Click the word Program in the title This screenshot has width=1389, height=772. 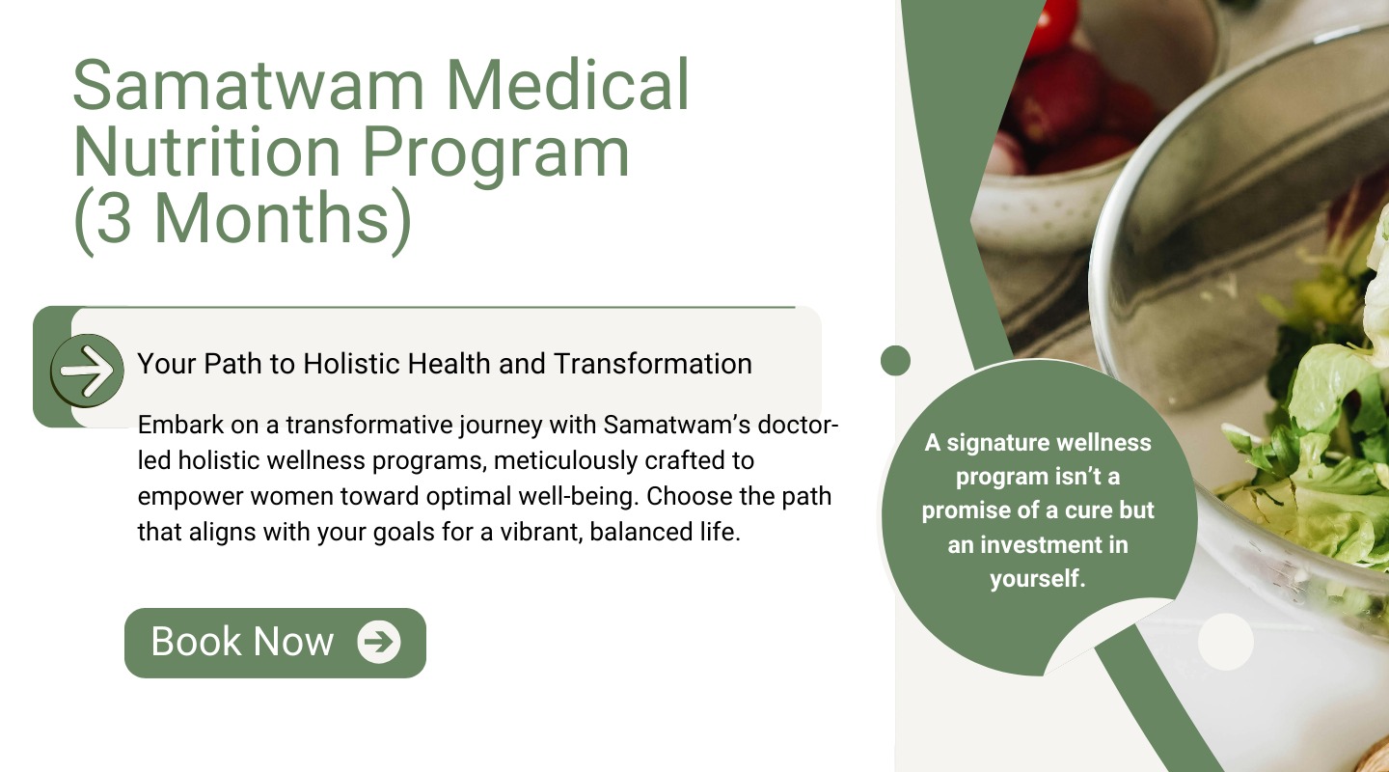pyautogui.click(x=496, y=155)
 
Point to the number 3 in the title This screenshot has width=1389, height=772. pyautogui.click(x=114, y=218)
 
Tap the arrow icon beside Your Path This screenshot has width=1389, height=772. pyautogui.click(x=87, y=371)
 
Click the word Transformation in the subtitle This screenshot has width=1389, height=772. pyautogui.click(x=653, y=364)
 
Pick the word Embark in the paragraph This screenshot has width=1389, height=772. pyautogui.click(x=180, y=426)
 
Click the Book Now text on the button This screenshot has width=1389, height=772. pyautogui.click(x=242, y=642)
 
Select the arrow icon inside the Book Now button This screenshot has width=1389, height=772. pyautogui.click(x=379, y=642)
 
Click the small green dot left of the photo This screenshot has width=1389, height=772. pyautogui.click(x=895, y=361)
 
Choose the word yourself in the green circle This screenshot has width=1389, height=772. pyautogui.click(x=1038, y=578)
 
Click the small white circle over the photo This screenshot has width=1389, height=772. pyautogui.click(x=1226, y=642)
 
